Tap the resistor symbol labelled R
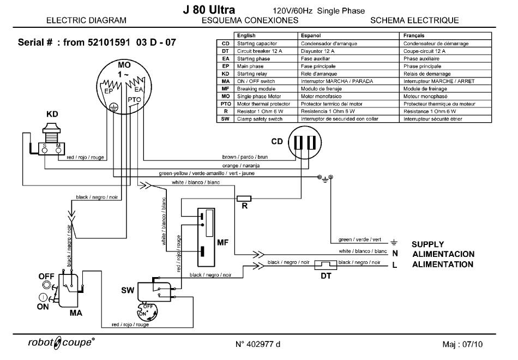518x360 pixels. pos(244,198)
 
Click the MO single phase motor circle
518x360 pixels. pos(123,87)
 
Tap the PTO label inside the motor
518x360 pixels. pos(134,100)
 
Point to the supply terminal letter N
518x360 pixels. pos(395,254)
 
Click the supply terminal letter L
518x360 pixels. pos(395,265)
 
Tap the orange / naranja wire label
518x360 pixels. pos(241,165)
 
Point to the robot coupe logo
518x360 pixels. pos(61,343)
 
